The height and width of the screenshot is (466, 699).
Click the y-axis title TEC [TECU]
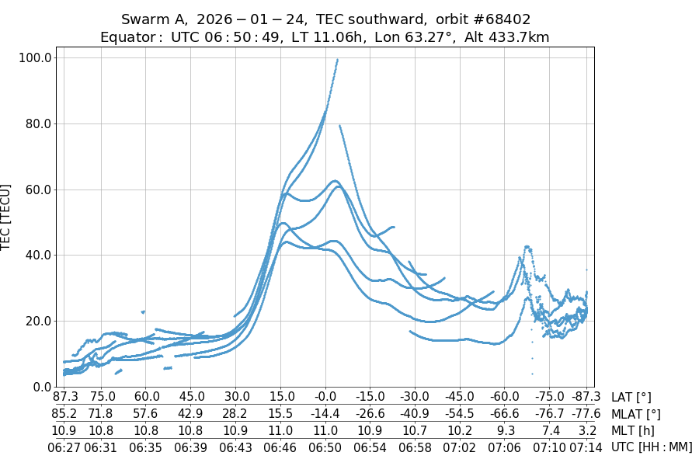click(7, 217)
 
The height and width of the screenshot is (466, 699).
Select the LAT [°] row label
click(631, 398)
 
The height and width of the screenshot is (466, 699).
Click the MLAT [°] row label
click(636, 414)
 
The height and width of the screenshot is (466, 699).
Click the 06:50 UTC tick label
click(325, 447)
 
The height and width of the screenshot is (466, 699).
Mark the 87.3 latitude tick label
click(64, 398)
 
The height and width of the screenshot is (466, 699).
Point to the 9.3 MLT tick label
click(505, 430)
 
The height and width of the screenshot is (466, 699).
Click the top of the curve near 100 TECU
click(337, 59)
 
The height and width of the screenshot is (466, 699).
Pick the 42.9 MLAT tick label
click(190, 414)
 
